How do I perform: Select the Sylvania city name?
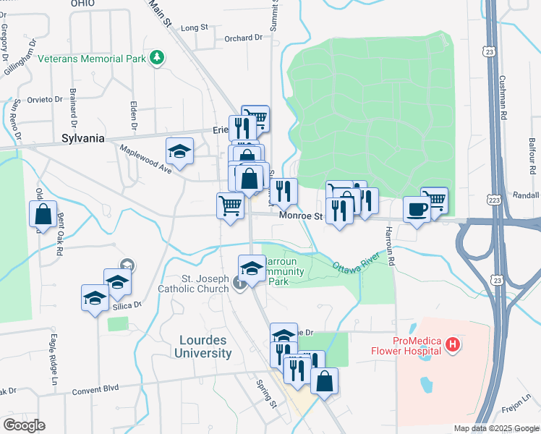tap(83, 138)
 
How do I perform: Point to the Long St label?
tap(194, 27)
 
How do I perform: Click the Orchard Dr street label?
tap(242, 38)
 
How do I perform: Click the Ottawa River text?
tap(357, 263)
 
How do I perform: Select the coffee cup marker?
tap(417, 209)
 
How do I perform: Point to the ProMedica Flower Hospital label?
tap(417, 346)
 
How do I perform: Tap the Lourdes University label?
tap(203, 346)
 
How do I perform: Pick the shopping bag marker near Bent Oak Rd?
tap(43, 214)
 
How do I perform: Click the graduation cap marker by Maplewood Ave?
tap(179, 151)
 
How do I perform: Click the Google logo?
tap(24, 425)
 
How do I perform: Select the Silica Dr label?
tap(127, 305)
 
